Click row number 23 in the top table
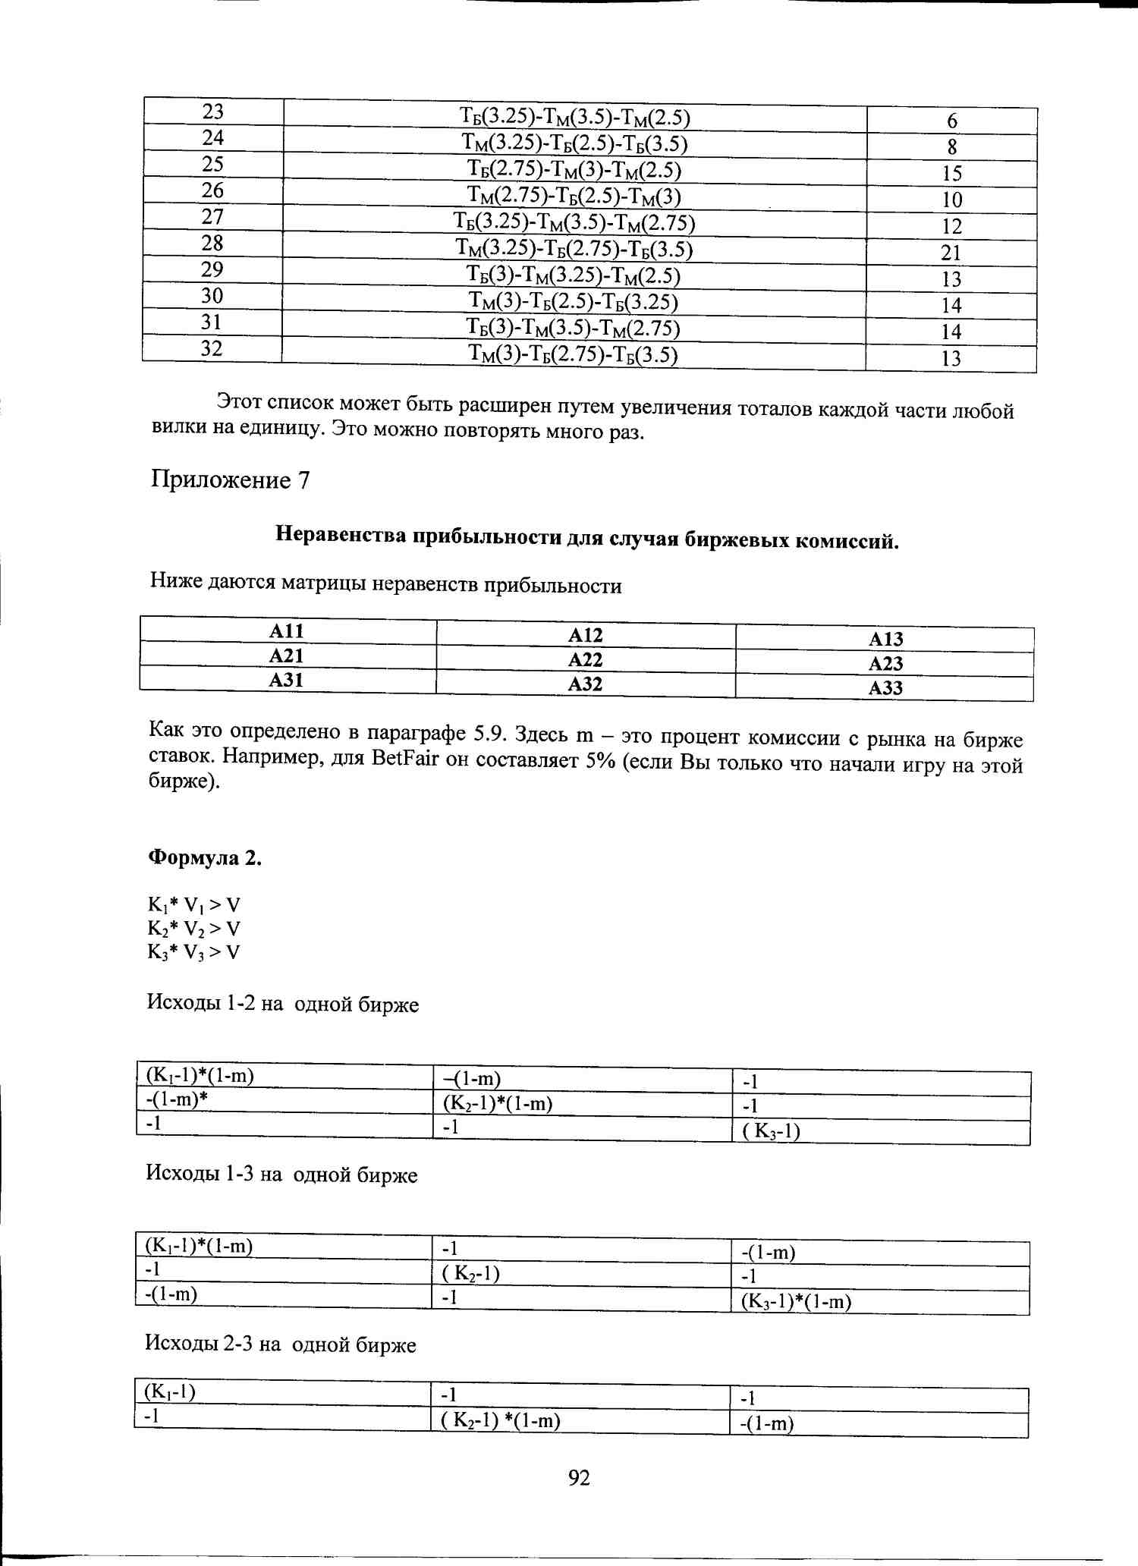click(x=213, y=112)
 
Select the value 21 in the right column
click(x=951, y=253)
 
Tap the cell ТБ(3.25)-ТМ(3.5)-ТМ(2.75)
click(x=574, y=222)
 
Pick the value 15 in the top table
click(x=952, y=174)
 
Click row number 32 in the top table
click(x=212, y=349)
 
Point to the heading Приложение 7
click(x=231, y=480)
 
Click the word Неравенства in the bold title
click(x=341, y=535)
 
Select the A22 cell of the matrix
click(x=585, y=659)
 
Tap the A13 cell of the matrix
click(x=885, y=639)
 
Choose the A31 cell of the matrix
click(x=286, y=680)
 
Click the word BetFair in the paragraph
click(x=405, y=759)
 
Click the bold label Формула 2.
click(x=205, y=858)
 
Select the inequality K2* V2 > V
click(x=194, y=929)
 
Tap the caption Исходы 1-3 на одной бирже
click(x=281, y=1174)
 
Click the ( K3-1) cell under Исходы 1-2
click(x=772, y=1131)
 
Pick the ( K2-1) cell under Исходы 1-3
click(x=471, y=1272)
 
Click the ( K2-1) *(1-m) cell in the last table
click(x=501, y=1420)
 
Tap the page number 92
click(x=579, y=1477)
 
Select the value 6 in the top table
click(x=952, y=121)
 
